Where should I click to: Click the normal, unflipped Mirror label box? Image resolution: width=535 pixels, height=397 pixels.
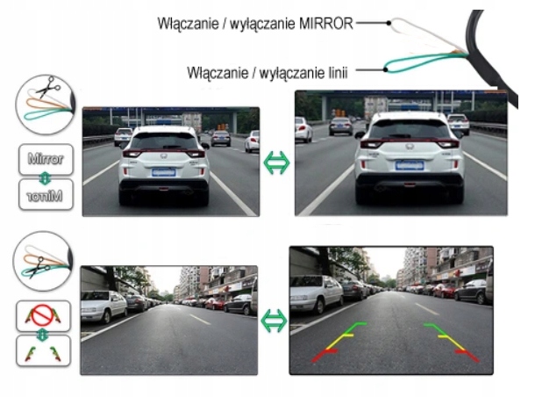(43, 161)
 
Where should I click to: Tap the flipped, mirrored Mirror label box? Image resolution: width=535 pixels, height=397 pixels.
(43, 197)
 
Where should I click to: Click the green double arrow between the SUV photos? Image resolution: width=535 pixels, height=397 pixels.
(277, 162)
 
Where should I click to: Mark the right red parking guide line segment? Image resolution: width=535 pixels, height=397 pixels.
(462, 352)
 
